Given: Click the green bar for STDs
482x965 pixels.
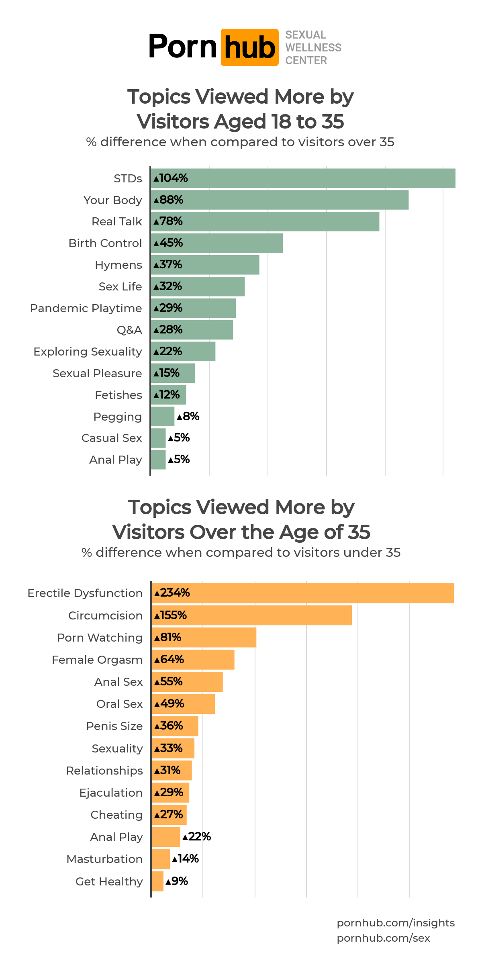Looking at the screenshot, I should point(303,178).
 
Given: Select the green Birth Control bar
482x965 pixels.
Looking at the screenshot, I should point(217,243).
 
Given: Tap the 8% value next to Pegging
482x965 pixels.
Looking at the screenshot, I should point(188,416).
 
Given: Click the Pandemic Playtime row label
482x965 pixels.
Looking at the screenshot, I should point(86,308).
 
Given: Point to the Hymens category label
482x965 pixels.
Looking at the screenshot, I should point(118,265).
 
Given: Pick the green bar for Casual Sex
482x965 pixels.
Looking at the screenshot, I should point(158,438).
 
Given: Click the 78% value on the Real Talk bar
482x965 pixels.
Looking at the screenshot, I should point(168,221).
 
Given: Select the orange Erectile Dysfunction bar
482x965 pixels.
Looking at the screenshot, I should point(302,593).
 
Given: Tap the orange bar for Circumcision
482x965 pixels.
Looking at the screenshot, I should point(252,615).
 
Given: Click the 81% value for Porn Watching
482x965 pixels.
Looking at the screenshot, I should point(168,638).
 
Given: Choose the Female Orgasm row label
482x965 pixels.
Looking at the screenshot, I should point(97,660).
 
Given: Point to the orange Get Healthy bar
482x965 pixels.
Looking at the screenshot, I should point(157,881).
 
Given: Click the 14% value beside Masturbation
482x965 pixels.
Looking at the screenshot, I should point(186,859).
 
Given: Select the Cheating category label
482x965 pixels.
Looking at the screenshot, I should point(116,815).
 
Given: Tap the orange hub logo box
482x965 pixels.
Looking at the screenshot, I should point(249,47).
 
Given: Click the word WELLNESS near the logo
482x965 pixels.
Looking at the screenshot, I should point(313,48).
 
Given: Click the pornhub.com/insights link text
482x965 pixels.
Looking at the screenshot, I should point(396,923).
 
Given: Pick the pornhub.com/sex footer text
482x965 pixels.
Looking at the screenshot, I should point(383,938).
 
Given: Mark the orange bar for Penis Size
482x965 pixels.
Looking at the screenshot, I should point(175,726).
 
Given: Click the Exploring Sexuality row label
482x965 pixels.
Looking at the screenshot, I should point(88,352).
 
